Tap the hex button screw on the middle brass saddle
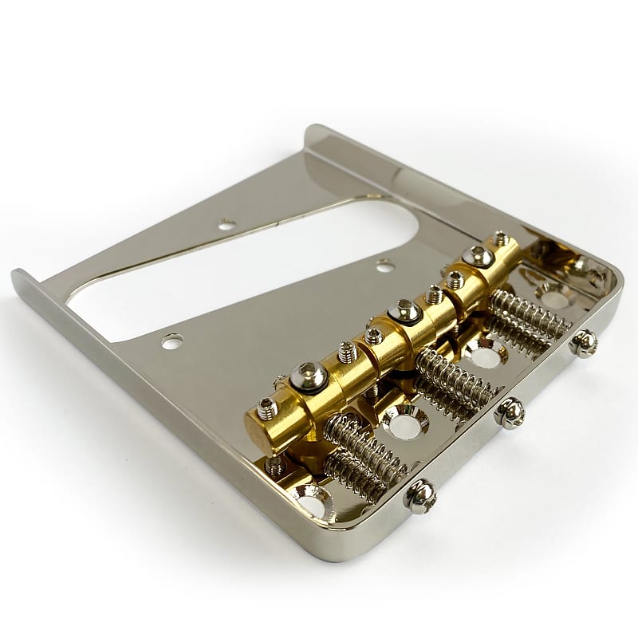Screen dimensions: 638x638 click(405, 311)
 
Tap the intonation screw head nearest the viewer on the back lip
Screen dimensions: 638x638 click(420, 496)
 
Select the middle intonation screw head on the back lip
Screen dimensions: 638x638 click(510, 412)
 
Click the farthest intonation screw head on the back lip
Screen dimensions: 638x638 click(584, 342)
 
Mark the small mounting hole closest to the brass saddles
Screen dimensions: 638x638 click(384, 265)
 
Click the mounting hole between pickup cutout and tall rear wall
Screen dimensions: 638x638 click(226, 225)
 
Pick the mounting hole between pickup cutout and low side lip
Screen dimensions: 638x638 click(171, 342)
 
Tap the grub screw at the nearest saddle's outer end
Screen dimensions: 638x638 click(267, 409)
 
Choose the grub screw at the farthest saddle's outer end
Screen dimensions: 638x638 click(500, 238)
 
